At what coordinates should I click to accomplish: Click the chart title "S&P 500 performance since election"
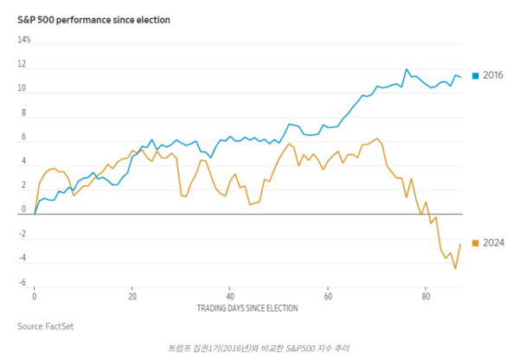point(93,19)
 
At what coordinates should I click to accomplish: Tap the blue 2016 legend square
point(475,76)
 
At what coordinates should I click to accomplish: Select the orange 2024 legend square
point(475,242)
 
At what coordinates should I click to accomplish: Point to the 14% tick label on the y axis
point(24,40)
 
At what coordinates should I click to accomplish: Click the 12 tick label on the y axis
point(22,64)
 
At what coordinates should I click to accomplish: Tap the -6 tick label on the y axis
point(23,282)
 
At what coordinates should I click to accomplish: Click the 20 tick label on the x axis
point(132,296)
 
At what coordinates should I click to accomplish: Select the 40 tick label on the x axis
point(230,296)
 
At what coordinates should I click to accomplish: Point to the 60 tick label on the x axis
point(328,296)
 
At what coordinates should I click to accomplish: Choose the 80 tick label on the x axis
point(426,296)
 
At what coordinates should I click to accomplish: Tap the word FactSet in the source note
point(57,326)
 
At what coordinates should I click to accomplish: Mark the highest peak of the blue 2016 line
point(407,69)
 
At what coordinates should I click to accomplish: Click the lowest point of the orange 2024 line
point(455,268)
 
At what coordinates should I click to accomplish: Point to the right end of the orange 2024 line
point(460,244)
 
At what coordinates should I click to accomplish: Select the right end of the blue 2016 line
point(460,76)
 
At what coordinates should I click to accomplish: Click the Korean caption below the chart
point(259,347)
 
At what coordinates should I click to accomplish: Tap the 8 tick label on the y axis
point(24,112)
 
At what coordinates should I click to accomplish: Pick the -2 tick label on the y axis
point(23,234)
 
